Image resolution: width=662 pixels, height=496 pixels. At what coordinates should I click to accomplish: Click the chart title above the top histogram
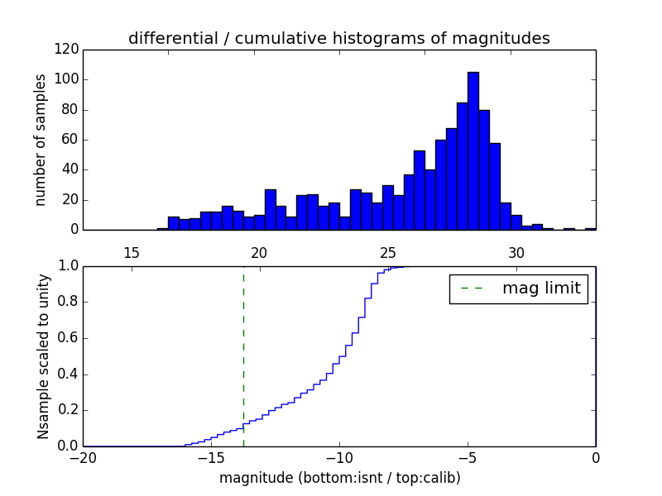338,39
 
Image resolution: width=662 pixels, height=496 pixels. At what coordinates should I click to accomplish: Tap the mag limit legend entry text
541,289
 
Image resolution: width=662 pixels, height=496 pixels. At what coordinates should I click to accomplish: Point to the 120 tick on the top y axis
69,50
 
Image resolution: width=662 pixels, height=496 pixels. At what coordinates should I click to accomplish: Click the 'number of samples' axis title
41,140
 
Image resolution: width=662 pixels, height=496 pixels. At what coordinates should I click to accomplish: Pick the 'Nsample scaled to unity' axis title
43,355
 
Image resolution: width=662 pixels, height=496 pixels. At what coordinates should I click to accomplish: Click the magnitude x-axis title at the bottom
339,478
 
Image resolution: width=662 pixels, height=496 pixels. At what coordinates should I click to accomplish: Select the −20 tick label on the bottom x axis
84,458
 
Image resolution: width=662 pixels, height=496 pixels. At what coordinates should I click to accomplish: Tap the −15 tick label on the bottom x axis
211,458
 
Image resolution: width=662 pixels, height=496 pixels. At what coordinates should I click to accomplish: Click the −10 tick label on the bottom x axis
338,458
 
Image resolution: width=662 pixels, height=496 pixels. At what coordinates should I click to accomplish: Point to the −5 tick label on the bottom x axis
467,458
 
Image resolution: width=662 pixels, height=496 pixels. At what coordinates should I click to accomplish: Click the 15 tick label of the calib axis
131,252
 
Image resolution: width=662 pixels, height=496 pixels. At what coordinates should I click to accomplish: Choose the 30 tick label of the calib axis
516,252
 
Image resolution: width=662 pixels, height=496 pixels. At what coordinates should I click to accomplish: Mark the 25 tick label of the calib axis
388,252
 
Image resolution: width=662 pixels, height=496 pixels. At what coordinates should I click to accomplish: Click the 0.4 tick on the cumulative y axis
67,374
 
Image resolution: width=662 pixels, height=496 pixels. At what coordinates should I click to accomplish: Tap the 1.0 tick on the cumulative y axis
67,266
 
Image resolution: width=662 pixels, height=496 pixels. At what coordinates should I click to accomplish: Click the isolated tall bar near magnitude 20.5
270,209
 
